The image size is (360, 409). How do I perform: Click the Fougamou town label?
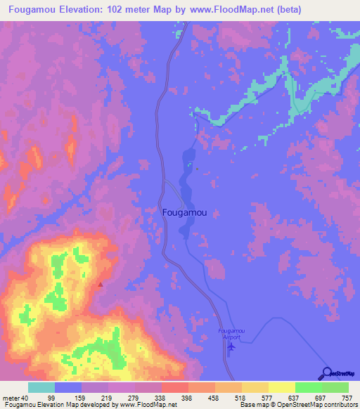click(x=184, y=211)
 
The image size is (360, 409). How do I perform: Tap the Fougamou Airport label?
click(x=229, y=334)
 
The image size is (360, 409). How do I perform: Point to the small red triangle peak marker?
click(x=100, y=285)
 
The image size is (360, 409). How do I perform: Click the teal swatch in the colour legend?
click(x=41, y=388)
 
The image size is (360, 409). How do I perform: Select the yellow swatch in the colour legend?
click(x=281, y=388)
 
